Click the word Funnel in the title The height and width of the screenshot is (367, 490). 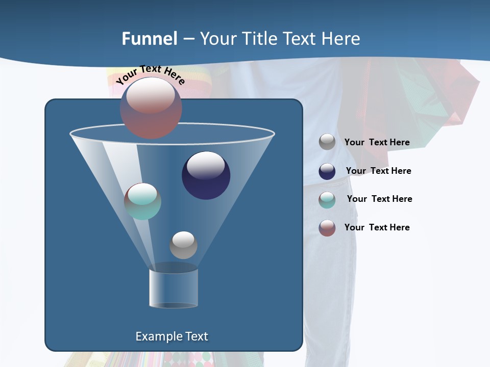coord(150,39)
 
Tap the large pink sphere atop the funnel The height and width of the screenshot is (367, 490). coord(151,108)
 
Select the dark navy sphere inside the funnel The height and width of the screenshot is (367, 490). coord(206,175)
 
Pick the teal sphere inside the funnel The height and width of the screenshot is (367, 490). coord(142,201)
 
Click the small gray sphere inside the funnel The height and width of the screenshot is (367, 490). coord(183,245)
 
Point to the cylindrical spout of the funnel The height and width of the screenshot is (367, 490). coord(174,288)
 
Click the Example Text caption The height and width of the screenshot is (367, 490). coord(171,336)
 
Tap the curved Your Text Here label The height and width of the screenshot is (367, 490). coord(150,74)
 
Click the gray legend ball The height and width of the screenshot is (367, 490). coord(327,142)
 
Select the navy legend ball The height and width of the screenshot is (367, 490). coord(327,171)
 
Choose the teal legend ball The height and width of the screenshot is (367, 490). coord(327,200)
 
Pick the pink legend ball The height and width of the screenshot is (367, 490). coord(327,228)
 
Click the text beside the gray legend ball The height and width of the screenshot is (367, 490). coord(377,142)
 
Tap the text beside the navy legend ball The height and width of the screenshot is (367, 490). coord(378,171)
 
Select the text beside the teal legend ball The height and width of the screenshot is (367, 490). coord(379,199)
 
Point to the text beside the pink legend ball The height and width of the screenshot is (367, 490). coord(377,227)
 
